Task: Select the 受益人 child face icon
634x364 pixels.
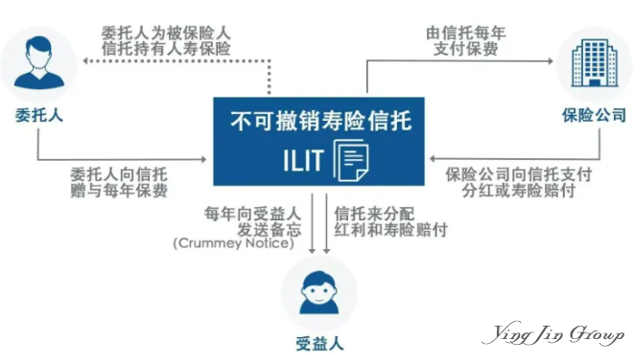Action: [x=317, y=291]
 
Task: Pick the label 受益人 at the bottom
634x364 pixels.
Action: [x=317, y=343]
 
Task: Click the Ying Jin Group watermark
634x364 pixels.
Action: [x=554, y=335]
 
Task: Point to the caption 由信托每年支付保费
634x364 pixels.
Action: [x=466, y=38]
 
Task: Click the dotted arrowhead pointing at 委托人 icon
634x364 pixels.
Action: [x=83, y=60]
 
